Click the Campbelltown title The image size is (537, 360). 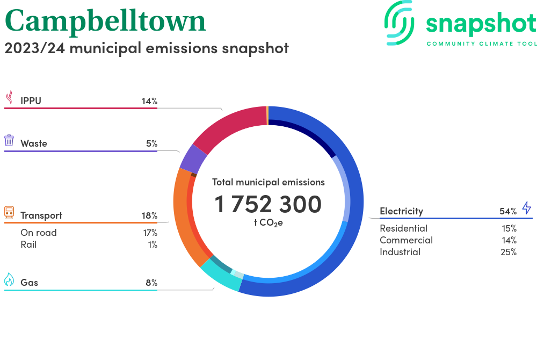[x=105, y=21]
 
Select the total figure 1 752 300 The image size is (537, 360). [x=268, y=204]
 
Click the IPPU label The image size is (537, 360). [x=31, y=100]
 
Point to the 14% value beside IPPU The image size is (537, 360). [x=149, y=100]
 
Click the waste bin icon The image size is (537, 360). [x=9, y=141]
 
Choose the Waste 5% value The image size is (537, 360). [x=151, y=143]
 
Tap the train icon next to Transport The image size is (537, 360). [x=9, y=212]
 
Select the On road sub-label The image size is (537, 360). [x=39, y=233]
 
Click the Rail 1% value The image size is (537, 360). [x=152, y=244]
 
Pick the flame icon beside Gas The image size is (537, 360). [x=9, y=279]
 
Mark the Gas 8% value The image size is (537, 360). [x=151, y=283]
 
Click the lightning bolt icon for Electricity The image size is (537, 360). [x=526, y=208]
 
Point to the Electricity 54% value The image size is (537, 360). [x=508, y=211]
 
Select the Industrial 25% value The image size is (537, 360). [x=508, y=252]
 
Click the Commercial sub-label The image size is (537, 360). [x=406, y=240]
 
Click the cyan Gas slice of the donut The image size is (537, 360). [x=220, y=277]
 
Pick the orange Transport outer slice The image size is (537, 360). [x=181, y=215]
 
